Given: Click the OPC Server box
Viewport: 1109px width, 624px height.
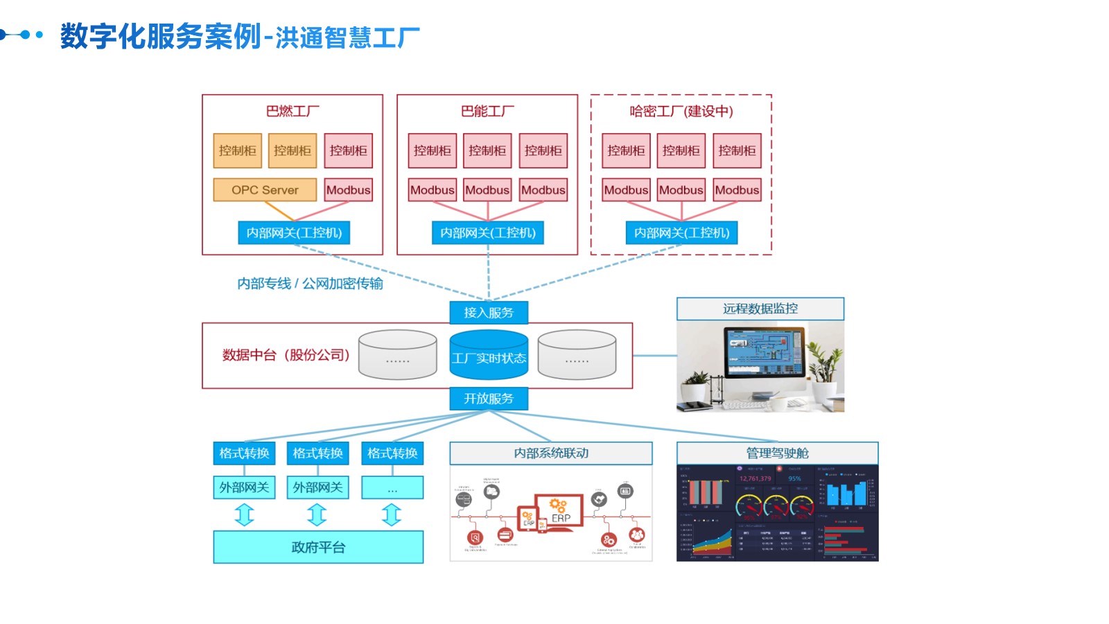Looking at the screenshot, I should (x=265, y=190).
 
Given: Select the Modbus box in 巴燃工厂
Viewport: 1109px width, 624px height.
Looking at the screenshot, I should (x=348, y=190).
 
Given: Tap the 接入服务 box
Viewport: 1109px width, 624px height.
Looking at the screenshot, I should (x=489, y=313).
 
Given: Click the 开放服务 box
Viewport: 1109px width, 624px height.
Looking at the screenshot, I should (x=489, y=399).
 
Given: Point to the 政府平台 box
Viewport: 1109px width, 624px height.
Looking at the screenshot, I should (x=318, y=547).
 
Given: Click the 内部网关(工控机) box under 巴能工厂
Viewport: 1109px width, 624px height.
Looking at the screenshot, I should (x=488, y=233).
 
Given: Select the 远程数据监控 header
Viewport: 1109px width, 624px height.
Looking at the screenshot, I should (x=760, y=309).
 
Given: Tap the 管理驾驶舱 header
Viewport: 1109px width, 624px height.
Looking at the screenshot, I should (x=777, y=453).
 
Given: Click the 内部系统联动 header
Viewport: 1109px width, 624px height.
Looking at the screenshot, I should (x=551, y=453).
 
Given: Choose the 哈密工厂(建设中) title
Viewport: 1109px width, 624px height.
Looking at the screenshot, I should (x=681, y=111).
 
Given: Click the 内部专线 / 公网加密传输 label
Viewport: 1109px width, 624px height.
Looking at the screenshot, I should (x=310, y=284).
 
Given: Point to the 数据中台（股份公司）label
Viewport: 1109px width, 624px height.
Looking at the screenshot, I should (x=286, y=355).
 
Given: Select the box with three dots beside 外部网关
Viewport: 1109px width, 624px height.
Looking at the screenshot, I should (x=392, y=488).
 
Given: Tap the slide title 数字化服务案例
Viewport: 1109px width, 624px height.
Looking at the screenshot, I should (x=161, y=36).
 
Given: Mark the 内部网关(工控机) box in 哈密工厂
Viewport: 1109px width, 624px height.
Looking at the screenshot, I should (x=681, y=233).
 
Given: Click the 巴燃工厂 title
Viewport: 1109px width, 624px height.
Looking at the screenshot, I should (x=292, y=111).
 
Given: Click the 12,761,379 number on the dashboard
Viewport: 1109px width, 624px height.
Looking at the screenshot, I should (x=755, y=478).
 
